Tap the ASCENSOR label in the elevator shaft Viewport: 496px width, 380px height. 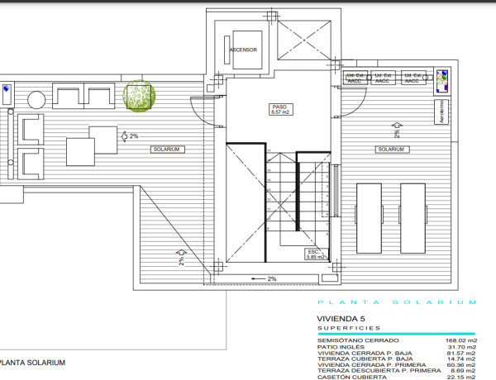pos(243,50)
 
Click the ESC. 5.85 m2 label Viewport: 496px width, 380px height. pos(313,254)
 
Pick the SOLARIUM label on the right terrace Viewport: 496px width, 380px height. pos(390,150)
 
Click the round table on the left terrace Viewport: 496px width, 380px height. pos(37,100)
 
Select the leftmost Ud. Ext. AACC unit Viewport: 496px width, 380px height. pos(355,78)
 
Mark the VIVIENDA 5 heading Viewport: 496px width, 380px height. pos(341,318)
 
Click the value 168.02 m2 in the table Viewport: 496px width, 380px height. pos(460,340)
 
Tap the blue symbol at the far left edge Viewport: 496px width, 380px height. pos(6,88)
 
